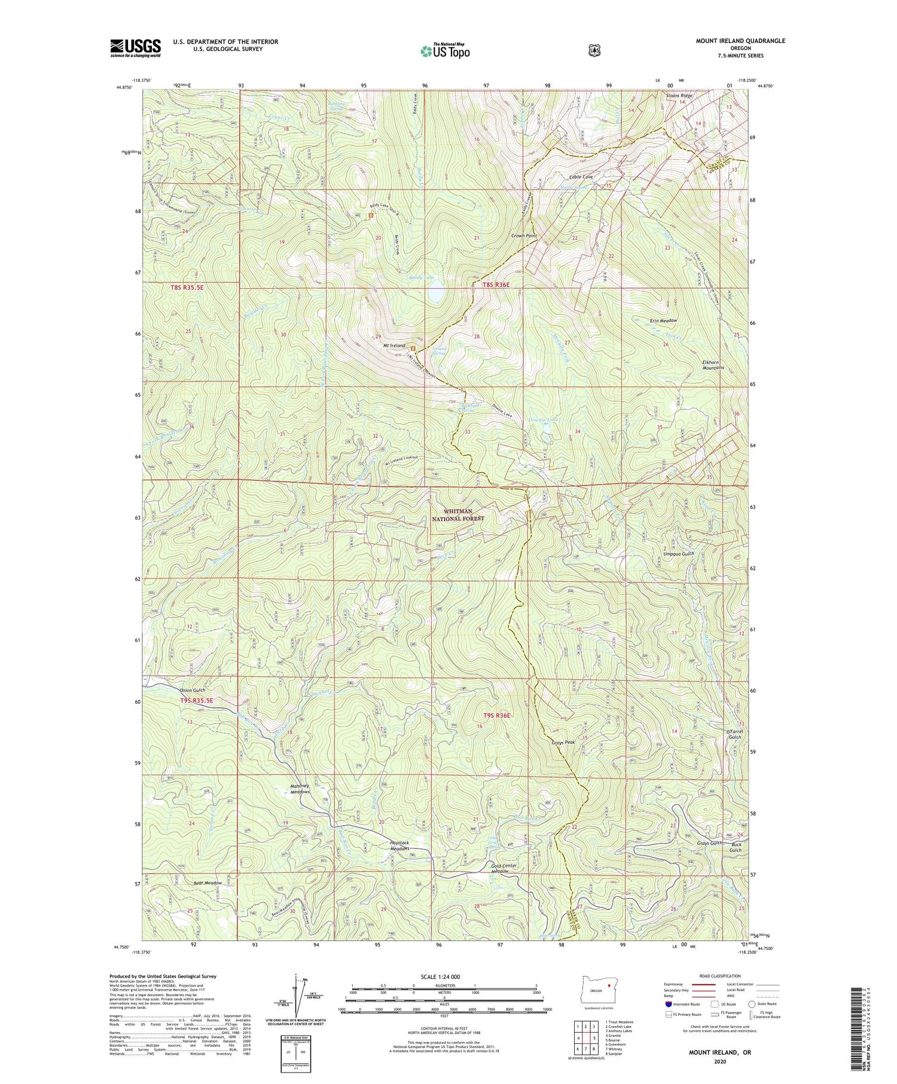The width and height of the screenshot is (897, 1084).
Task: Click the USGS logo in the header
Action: click(x=135, y=48)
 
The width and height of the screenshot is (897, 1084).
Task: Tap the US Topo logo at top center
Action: click(x=445, y=51)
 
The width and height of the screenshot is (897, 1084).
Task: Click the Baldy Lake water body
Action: click(x=435, y=295)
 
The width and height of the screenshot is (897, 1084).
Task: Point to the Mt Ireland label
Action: click(x=390, y=346)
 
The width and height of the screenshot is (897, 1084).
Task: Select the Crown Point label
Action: click(x=524, y=236)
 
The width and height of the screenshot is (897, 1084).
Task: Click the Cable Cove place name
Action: click(x=581, y=177)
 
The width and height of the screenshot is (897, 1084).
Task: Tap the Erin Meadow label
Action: click(x=663, y=320)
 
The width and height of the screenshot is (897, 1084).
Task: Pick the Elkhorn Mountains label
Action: click(x=709, y=364)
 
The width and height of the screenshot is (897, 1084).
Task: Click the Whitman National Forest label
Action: click(x=457, y=515)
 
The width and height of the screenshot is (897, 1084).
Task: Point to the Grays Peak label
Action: click(x=563, y=742)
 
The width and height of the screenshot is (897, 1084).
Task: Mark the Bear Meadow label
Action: click(x=208, y=883)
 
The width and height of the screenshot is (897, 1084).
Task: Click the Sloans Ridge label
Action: click(x=679, y=96)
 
